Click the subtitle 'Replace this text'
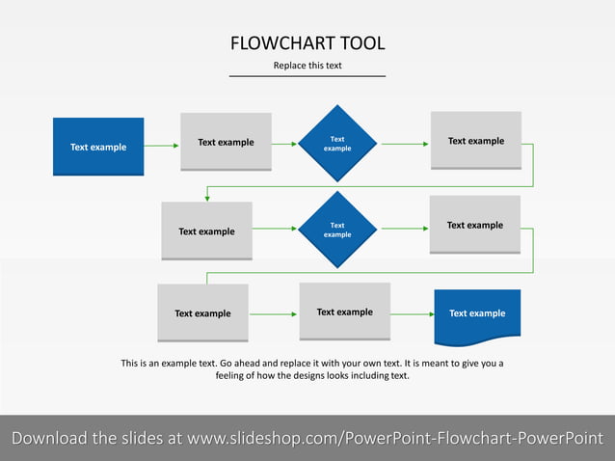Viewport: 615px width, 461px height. [x=307, y=66]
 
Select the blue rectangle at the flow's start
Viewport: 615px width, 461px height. [x=98, y=147]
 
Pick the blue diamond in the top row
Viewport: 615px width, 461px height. [x=337, y=144]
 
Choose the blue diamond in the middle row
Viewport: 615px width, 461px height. [x=337, y=230]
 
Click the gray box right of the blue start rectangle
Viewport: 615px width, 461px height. [x=226, y=143]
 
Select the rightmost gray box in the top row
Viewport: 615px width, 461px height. [x=475, y=142]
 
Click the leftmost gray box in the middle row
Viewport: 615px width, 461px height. [x=206, y=231]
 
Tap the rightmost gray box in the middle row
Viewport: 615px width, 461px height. [x=474, y=226]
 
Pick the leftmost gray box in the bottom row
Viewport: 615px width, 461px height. [x=202, y=313]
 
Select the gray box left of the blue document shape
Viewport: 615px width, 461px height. [x=344, y=312]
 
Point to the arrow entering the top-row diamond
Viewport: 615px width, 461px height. [x=284, y=144]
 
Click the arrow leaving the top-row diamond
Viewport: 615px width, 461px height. [x=405, y=144]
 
